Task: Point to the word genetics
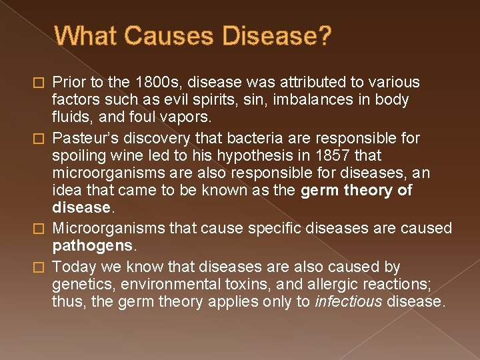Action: [79, 285]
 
